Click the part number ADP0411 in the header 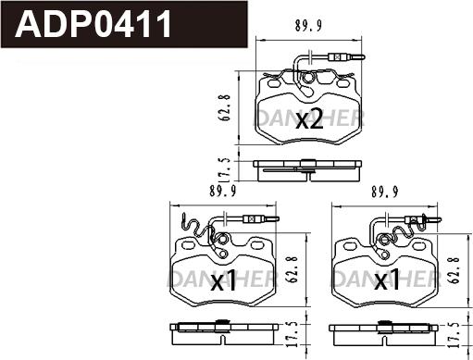93,24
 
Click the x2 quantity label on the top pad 309,119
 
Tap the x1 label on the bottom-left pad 223,280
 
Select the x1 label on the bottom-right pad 386,280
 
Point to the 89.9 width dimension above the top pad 308,26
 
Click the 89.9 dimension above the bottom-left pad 223,192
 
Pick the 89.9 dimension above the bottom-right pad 385,192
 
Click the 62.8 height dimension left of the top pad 226,107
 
